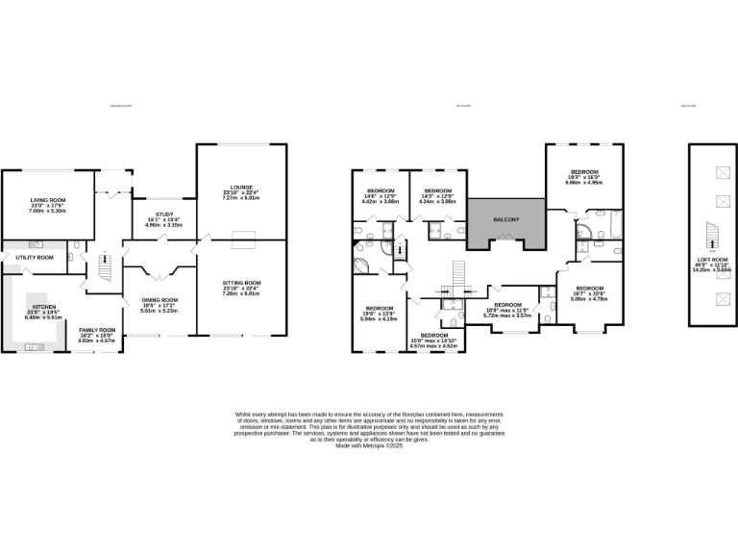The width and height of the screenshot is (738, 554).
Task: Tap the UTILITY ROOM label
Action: tap(34, 258)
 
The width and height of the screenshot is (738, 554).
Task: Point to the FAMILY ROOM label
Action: tap(96, 330)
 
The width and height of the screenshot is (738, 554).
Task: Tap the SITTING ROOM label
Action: tap(240, 283)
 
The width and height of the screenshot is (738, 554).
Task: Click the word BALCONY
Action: tap(506, 220)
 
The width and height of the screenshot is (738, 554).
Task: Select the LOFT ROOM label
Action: tap(712, 260)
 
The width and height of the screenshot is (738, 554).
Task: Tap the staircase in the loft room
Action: tap(711, 235)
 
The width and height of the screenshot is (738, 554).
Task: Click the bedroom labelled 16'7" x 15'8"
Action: tap(589, 290)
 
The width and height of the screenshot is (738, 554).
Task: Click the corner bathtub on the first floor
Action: tap(366, 266)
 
